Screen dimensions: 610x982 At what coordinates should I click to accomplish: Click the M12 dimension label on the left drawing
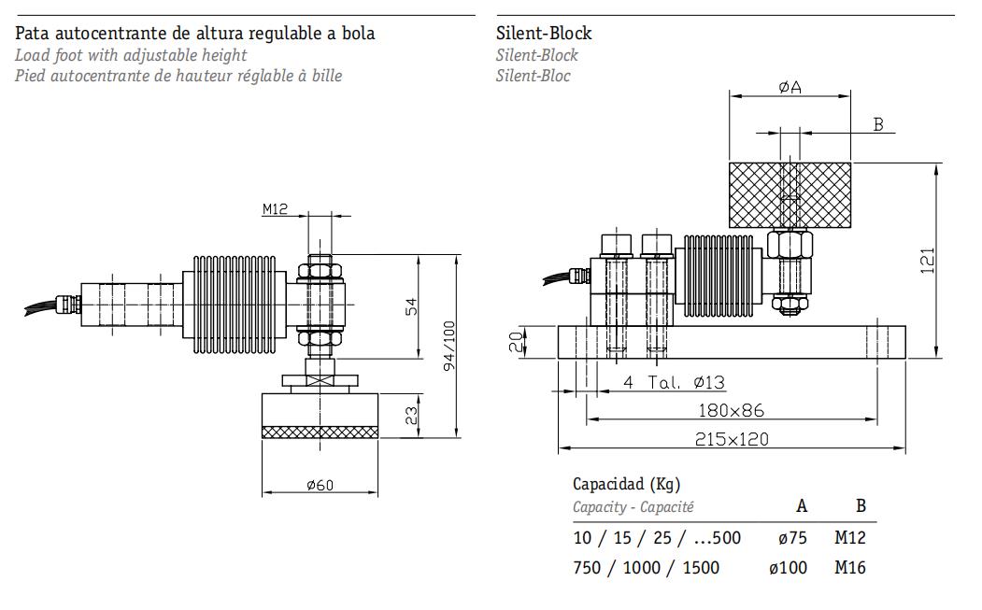pos(275,209)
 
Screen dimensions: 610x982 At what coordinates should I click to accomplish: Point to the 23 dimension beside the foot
pos(412,416)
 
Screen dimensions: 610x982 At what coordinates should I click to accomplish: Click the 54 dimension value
pos(412,305)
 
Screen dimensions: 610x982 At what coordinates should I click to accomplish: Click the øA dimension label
pos(790,87)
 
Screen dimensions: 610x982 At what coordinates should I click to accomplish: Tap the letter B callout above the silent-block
pos(877,124)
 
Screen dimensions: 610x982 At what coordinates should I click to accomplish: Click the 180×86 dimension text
pos(732,410)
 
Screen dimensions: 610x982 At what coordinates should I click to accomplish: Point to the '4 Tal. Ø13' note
pos(674,382)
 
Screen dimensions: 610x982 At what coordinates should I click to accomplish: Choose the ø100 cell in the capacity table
pos(788,567)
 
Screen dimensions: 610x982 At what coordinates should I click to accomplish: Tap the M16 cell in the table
pos(850,567)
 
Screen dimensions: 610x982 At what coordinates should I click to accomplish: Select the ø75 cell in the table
pos(791,537)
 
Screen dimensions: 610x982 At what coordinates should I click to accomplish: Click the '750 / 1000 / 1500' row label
pos(648,567)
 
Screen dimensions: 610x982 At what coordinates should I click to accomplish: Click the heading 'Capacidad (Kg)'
pos(626,484)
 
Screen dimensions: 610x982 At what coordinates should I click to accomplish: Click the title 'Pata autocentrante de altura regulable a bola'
pos(195,34)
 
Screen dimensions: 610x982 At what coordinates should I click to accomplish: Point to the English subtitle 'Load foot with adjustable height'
pos(131,55)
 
